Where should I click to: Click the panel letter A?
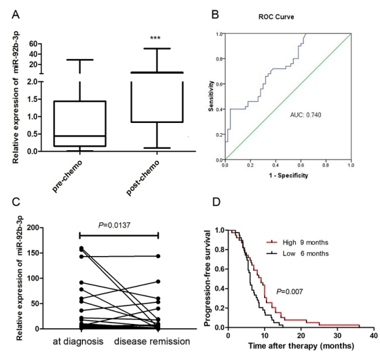[16, 15]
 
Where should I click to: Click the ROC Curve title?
[276, 16]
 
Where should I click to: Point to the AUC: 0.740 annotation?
[306, 115]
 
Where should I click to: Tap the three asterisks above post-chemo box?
[155, 38]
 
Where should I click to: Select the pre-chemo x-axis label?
[67, 176]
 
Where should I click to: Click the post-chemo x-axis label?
[143, 177]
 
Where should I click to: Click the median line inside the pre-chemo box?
[80, 136]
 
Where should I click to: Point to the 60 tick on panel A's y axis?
[33, 44]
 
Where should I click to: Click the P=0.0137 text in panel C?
[115, 226]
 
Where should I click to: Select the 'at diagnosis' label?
[78, 342]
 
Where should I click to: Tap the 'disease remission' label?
[152, 342]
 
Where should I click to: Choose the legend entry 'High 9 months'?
[298, 242]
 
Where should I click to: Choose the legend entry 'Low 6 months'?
[298, 254]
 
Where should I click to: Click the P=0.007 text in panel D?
[289, 292]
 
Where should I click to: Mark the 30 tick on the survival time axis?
[338, 335]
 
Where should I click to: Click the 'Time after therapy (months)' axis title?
[301, 345]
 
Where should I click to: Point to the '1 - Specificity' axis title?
[288, 176]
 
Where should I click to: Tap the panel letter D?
[216, 202]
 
